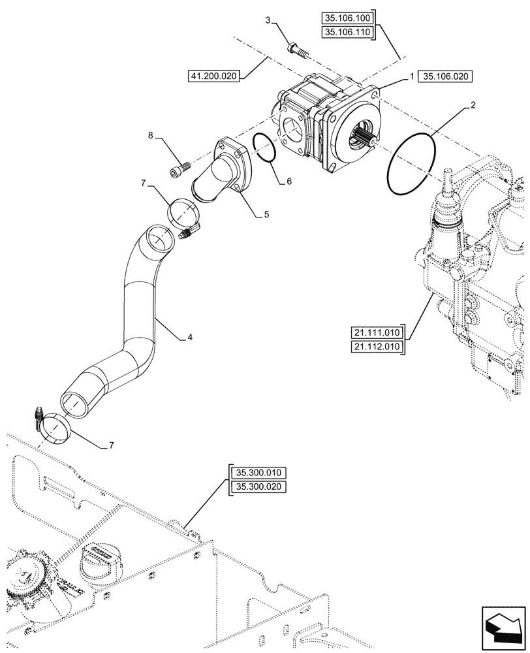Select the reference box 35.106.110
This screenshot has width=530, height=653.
(x=348, y=32)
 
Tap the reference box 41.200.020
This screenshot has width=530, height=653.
(x=214, y=76)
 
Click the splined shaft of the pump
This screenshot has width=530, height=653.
(x=364, y=138)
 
